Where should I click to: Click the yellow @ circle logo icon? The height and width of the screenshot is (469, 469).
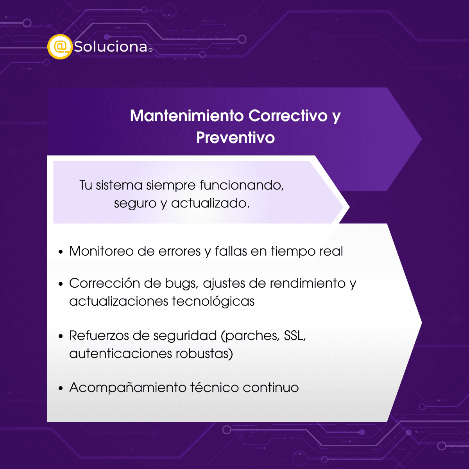60,47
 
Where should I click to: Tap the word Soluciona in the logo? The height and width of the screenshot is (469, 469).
111,47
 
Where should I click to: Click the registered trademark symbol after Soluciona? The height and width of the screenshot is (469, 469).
150,50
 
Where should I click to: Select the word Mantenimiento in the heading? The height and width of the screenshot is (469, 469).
187,115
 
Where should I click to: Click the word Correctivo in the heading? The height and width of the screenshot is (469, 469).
288,115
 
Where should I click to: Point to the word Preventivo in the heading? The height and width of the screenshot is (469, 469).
235,138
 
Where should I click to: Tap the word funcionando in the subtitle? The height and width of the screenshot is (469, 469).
242,185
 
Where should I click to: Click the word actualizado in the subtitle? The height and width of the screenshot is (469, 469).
210,203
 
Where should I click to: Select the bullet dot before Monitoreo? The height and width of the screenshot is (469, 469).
61,252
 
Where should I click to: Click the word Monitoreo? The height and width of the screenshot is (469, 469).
101,251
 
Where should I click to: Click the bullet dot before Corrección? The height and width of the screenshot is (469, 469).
61,284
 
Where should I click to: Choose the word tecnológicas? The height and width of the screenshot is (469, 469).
213,301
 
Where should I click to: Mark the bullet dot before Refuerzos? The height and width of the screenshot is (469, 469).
61,336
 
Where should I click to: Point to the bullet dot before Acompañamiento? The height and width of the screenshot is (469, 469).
61,388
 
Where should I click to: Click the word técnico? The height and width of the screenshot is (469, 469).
215,387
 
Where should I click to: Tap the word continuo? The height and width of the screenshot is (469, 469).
270,387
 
